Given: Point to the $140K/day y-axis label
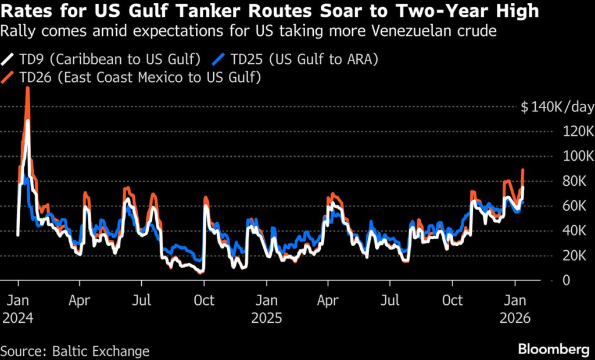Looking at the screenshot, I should (x=557, y=107).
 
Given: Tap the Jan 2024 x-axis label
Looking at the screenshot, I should (x=18, y=309).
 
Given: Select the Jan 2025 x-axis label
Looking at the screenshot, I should (x=267, y=309).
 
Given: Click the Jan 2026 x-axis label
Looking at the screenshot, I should (x=515, y=309).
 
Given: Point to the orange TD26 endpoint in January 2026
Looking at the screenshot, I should (x=523, y=170).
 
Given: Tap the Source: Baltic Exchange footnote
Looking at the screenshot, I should (x=75, y=351).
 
